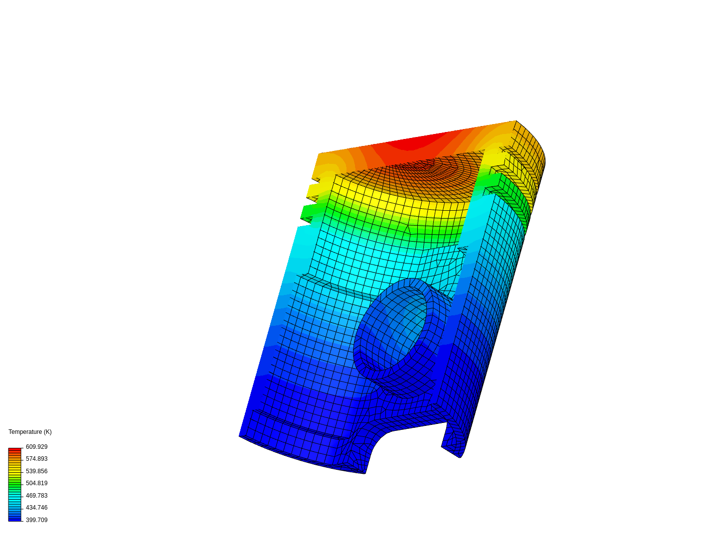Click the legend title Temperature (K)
click(x=30, y=432)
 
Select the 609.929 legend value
click(x=36, y=447)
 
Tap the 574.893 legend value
click(x=36, y=459)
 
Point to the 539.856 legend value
click(x=36, y=471)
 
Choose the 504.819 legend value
click(x=36, y=483)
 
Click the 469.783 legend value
click(x=36, y=496)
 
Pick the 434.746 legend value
click(x=36, y=508)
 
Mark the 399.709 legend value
click(x=36, y=520)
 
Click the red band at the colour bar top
click(x=15, y=450)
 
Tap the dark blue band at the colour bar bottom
click(x=15, y=519)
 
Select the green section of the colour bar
click(x=15, y=483)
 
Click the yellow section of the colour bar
click(x=15, y=471)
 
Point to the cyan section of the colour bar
click(x=15, y=496)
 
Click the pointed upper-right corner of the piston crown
click(x=516, y=122)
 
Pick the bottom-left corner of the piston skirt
click(x=240, y=436)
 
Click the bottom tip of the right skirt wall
click(x=460, y=455)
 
